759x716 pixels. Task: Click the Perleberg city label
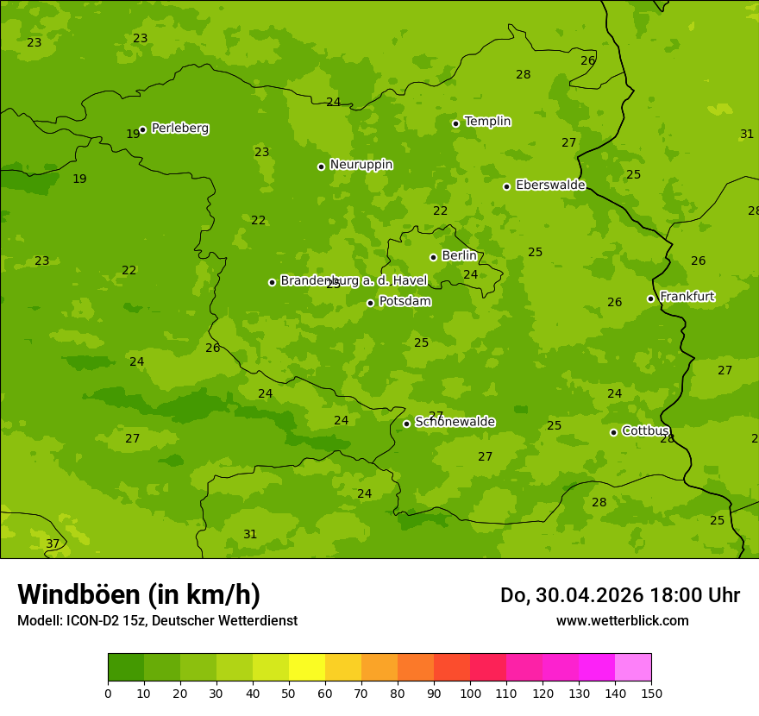point(179,129)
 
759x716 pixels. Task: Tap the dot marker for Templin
point(455,123)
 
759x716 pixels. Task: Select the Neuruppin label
point(361,165)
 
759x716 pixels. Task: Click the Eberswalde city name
point(550,185)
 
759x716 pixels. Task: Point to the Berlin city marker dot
point(433,257)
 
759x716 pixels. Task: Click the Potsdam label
point(405,302)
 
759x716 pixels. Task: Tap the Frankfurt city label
point(687,297)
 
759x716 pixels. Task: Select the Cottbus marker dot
point(613,432)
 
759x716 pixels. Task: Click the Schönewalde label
point(455,422)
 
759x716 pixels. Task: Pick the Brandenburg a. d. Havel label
point(342,281)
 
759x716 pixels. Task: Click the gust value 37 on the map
point(53,543)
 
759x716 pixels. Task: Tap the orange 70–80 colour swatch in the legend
point(379,668)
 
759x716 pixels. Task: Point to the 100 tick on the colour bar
point(470,693)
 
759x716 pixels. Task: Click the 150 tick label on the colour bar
point(651,693)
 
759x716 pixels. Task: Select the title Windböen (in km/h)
point(139,594)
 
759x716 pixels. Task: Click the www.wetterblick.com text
point(622,620)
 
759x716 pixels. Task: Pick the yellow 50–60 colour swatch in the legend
point(307,668)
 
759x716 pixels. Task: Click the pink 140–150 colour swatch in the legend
point(633,668)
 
